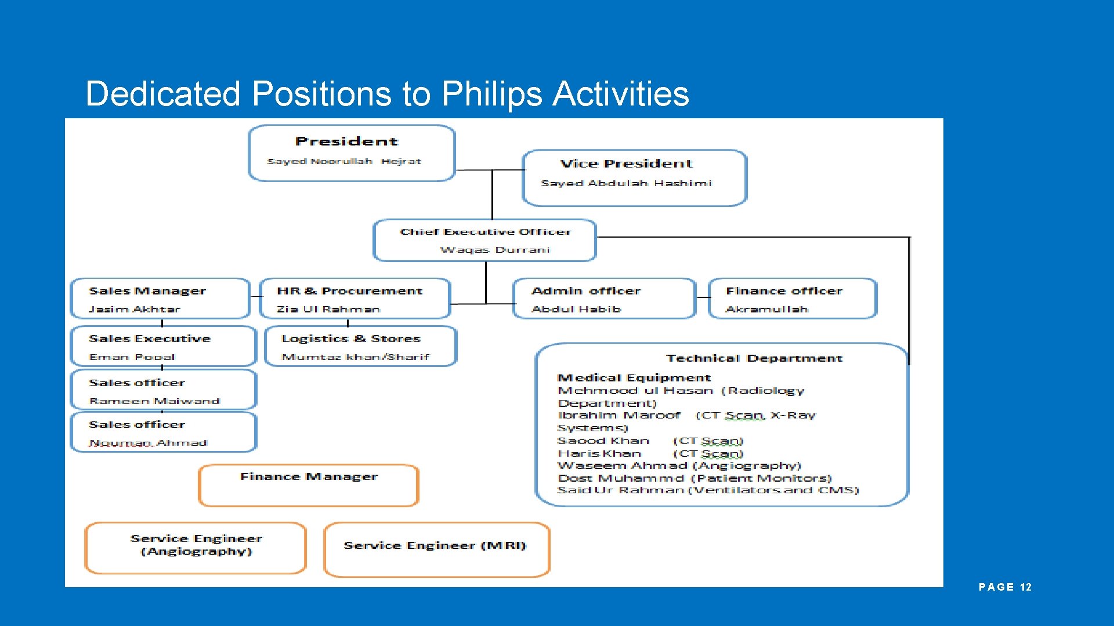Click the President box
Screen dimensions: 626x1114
(x=352, y=153)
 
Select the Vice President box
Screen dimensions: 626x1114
(x=634, y=177)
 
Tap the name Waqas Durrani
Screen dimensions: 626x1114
(x=494, y=250)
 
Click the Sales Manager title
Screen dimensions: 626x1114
(x=147, y=291)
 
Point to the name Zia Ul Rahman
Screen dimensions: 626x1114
(x=328, y=310)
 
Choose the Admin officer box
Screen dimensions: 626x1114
(x=603, y=299)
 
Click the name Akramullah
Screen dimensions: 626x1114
(x=766, y=310)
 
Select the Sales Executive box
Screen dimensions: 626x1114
(x=163, y=346)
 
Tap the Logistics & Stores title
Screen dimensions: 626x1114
(x=351, y=339)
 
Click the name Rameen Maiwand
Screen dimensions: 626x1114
(x=154, y=401)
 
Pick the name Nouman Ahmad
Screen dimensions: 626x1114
(x=148, y=443)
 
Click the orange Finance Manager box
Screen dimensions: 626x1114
(x=308, y=485)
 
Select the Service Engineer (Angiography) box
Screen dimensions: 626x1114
(x=196, y=548)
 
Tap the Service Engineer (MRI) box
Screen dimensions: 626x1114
(x=436, y=549)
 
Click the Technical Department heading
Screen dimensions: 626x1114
(x=754, y=358)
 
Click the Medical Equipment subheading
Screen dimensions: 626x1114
(x=634, y=378)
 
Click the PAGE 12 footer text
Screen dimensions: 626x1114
(x=1005, y=587)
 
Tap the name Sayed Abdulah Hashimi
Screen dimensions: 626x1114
(x=626, y=183)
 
